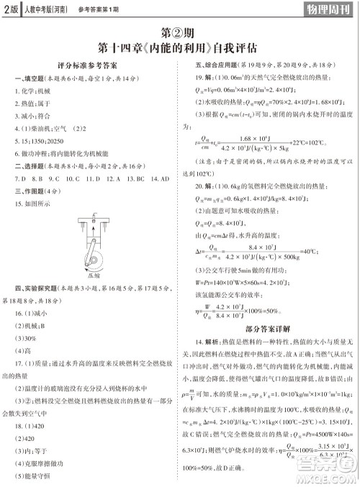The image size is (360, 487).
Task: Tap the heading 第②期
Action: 179,35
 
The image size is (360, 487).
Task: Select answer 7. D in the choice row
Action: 19,177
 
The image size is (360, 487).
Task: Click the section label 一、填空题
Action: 27,78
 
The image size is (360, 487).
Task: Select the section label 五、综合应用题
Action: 208,64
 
